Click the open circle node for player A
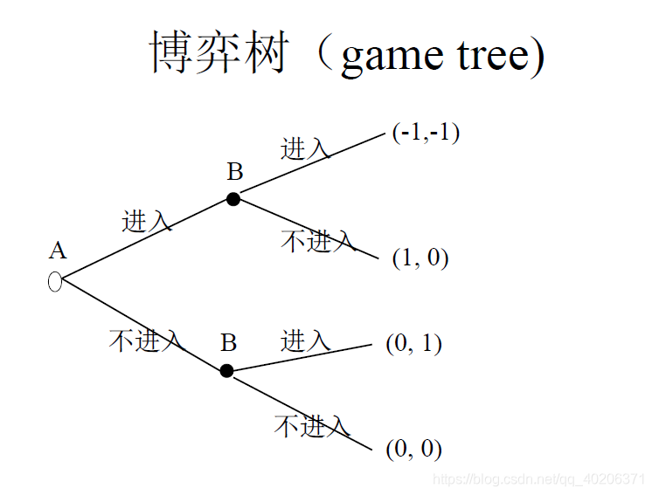pos(55,282)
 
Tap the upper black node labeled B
pos(232,199)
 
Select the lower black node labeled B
pos(226,370)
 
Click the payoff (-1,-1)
pos(426,133)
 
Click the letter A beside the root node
pos(58,251)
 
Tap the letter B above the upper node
pos(235,172)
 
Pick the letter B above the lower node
pos(228,342)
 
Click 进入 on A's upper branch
pos(147,221)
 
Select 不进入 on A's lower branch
pos(146,340)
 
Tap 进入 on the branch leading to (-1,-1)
pos(305,149)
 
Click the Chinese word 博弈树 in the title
pos(218,54)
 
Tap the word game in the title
pos(392,58)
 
